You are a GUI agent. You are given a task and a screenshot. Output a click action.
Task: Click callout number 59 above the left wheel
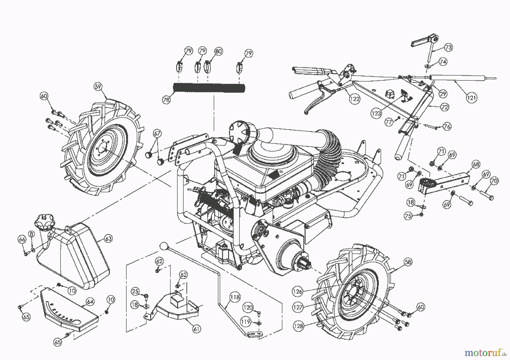pyautogui.click(x=98, y=87)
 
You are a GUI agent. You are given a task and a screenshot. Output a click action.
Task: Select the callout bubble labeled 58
pyautogui.click(x=408, y=262)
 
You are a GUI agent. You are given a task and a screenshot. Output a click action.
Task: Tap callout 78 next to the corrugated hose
pyautogui.click(x=166, y=100)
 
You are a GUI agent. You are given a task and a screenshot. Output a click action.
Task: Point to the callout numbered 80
pyautogui.click(x=218, y=51)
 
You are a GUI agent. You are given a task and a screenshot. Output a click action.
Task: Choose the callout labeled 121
pyautogui.click(x=471, y=98)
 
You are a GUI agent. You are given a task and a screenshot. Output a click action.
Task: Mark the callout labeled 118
pyautogui.click(x=235, y=297)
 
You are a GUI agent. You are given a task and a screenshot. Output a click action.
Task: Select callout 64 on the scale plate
pyautogui.click(x=90, y=302)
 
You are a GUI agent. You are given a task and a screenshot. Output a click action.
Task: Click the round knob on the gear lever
pyautogui.click(x=163, y=246)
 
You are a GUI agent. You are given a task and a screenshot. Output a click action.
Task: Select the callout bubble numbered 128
pyautogui.click(x=298, y=326)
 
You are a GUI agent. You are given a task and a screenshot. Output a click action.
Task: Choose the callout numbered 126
pyautogui.click(x=297, y=291)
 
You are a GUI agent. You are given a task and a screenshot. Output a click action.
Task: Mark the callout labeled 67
pyautogui.click(x=157, y=133)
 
